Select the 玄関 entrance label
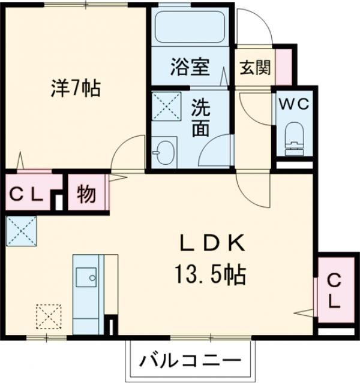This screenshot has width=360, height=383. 256,67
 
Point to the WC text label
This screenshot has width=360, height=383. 293,104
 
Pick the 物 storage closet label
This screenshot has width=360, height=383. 88,194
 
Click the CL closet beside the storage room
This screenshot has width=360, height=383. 25,194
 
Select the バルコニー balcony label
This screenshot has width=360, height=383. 190,361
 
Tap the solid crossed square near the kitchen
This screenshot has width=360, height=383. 21,230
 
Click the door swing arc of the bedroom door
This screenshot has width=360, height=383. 129,150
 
